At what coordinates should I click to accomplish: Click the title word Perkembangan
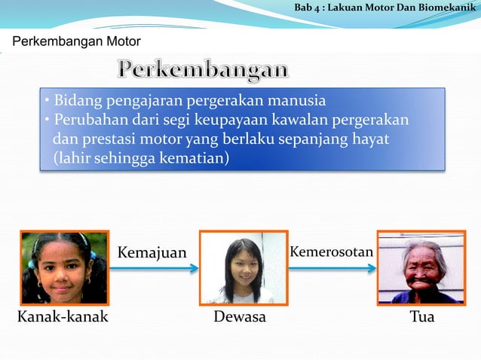point(203,70)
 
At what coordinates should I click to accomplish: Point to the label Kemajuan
point(152,252)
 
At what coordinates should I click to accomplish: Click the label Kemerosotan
point(332,252)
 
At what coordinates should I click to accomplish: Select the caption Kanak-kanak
point(63,316)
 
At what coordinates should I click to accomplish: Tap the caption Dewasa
point(240,316)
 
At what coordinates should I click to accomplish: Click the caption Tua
point(422,316)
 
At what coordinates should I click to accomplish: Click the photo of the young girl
point(65,268)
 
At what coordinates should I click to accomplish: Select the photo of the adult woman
point(244,268)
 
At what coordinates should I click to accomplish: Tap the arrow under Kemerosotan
point(332,268)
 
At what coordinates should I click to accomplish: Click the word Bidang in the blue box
point(75,101)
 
